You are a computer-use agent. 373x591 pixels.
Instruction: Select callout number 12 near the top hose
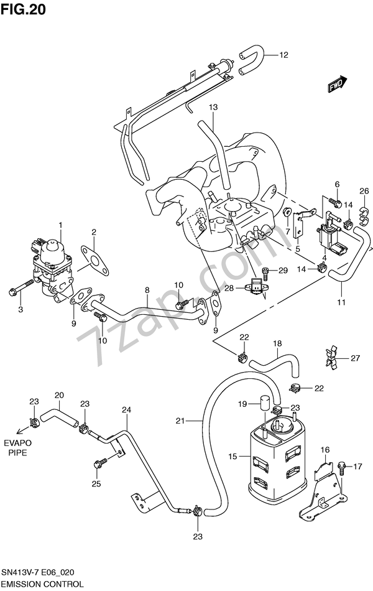(283, 55)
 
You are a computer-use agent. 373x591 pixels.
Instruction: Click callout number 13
(213, 108)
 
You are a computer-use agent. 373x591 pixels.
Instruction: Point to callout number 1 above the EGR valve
(61, 224)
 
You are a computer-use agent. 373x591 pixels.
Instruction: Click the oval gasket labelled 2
(94, 261)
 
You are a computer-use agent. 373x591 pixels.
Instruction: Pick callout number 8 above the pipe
(147, 290)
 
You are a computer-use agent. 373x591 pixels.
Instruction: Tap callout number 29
(283, 270)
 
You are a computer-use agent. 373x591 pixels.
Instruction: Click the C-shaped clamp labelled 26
(363, 214)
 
